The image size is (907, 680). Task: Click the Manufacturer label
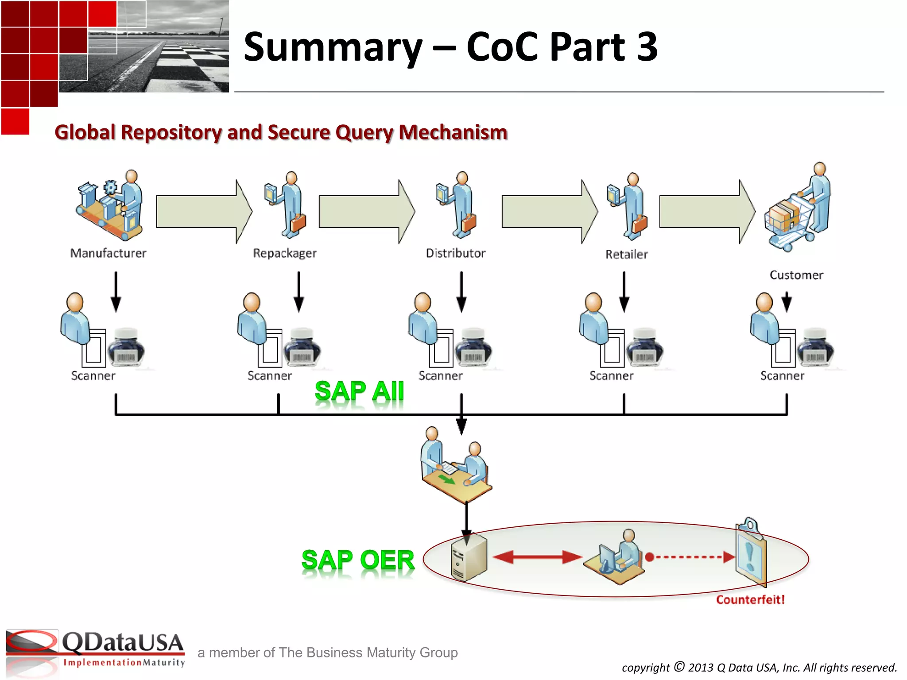(x=108, y=253)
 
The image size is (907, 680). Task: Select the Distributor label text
(x=455, y=253)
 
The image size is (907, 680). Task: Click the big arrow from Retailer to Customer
(x=707, y=212)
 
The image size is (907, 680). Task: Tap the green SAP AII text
(x=359, y=392)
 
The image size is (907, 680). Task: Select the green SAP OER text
(x=358, y=560)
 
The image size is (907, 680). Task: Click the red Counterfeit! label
(x=750, y=600)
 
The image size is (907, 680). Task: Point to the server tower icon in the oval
(x=469, y=558)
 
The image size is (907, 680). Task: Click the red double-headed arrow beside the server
(x=537, y=557)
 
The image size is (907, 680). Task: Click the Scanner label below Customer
(x=782, y=376)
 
